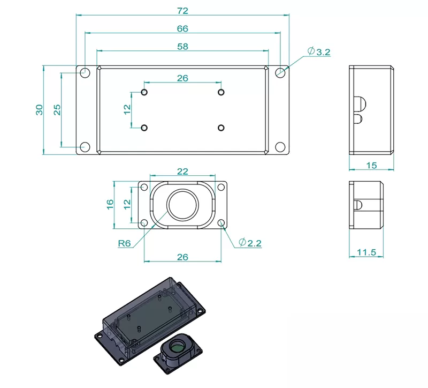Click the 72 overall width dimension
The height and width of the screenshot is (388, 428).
[182, 10]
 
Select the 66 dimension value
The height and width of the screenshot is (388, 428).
[182, 28]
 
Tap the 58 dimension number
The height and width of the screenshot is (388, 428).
[182, 47]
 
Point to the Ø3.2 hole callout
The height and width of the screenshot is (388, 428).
[319, 51]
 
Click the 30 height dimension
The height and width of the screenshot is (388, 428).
[39, 110]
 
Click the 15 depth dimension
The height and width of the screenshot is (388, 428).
[371, 165]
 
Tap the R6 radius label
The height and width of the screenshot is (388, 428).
[125, 243]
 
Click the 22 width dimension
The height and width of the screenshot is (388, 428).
[182, 171]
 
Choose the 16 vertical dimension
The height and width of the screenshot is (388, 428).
[110, 204]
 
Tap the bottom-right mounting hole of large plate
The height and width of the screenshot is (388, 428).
[280, 147]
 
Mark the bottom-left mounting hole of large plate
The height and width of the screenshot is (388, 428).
[85, 147]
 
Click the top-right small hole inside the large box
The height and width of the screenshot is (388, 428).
[221, 92]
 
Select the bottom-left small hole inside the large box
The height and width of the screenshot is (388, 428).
[144, 128]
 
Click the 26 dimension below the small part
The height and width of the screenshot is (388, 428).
[182, 257]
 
